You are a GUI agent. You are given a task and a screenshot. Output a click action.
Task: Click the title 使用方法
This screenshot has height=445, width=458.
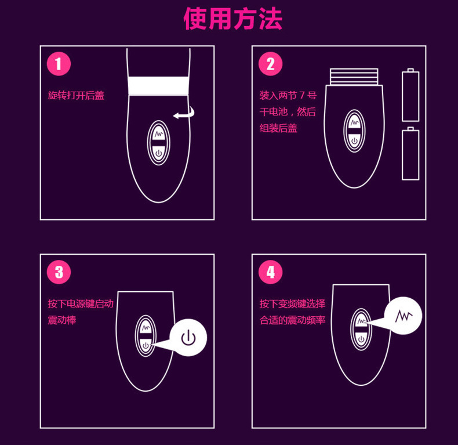click(x=233, y=20)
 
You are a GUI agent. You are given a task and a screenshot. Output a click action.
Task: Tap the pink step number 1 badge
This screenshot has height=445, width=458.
click(x=59, y=64)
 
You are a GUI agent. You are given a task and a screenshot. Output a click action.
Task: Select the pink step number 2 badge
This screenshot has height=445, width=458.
click(x=270, y=64)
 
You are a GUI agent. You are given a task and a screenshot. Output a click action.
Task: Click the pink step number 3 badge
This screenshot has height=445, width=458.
click(x=59, y=272)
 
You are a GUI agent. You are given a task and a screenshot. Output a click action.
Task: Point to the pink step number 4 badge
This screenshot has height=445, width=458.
click(x=270, y=272)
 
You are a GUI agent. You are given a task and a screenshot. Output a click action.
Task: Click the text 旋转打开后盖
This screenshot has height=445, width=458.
click(x=76, y=96)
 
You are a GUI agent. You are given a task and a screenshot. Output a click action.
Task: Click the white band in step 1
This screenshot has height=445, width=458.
click(x=158, y=85)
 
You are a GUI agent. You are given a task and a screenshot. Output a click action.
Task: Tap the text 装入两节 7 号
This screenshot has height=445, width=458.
click(x=288, y=96)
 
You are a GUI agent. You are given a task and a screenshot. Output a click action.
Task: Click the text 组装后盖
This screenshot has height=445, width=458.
click(x=278, y=128)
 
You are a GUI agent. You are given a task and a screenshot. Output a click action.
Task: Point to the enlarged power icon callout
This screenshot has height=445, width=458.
click(x=188, y=337)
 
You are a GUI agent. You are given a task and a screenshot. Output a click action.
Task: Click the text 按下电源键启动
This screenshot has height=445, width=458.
click(x=81, y=304)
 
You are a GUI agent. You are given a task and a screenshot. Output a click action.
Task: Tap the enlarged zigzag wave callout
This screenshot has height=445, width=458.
click(x=404, y=316)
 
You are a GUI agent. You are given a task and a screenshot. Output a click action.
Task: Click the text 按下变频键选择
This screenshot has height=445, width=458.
click(x=292, y=304)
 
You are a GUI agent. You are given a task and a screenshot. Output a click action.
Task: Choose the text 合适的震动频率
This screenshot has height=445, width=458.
click(x=292, y=320)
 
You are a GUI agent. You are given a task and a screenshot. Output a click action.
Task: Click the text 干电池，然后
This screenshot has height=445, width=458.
click(x=288, y=112)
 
